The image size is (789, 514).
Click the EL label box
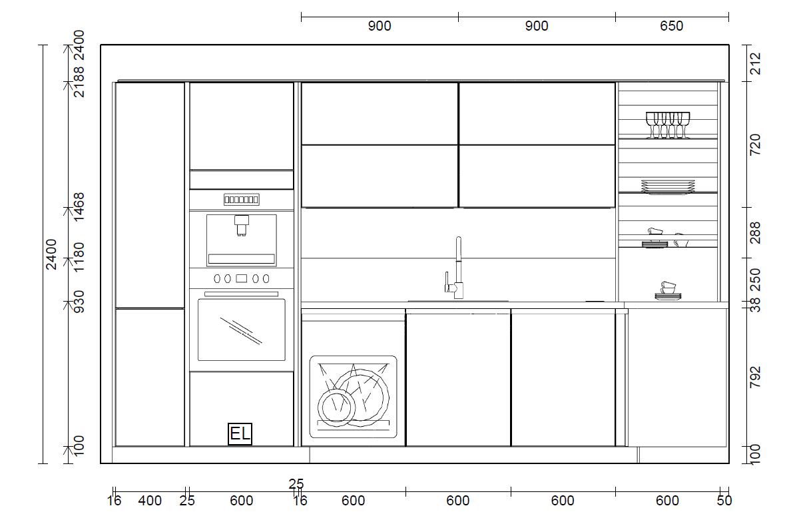pos(240,433)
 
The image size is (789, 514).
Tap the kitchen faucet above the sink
pos(457,269)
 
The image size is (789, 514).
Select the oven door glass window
pos(242,330)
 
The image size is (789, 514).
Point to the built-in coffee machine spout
pos(242,225)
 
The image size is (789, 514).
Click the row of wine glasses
pos(668,125)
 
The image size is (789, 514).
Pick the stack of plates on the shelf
pos(668,186)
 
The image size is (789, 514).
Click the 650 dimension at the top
pos(671,26)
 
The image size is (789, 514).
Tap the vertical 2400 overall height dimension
pos(51,254)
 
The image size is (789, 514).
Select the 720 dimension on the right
pos(755,145)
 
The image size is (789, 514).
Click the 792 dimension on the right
pos(755,378)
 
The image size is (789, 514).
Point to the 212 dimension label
pos(755,63)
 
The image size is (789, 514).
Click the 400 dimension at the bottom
pos(150,501)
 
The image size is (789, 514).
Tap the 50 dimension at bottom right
pos(724,501)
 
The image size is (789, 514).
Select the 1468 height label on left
pos(79,206)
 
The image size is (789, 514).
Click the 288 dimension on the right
pos(755,232)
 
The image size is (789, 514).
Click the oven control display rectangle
pos(242,278)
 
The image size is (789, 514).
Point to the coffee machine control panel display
pos(242,200)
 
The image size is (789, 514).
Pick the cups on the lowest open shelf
pos(668,291)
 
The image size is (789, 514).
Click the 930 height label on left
pos(79,301)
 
